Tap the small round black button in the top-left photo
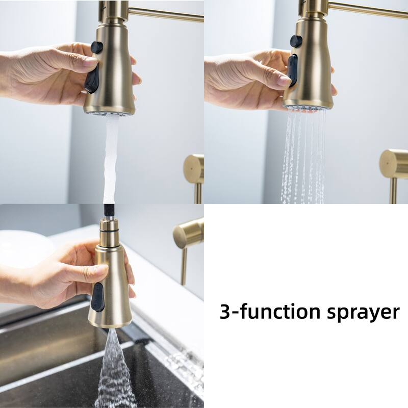pos(97,47)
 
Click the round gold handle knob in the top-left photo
pos(194,169)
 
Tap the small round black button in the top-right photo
pos(296,41)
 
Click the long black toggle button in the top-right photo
pos(292,70)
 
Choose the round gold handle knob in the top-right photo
pos(394,164)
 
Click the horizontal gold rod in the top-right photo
pos(367,9)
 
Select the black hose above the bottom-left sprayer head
pos(108,210)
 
